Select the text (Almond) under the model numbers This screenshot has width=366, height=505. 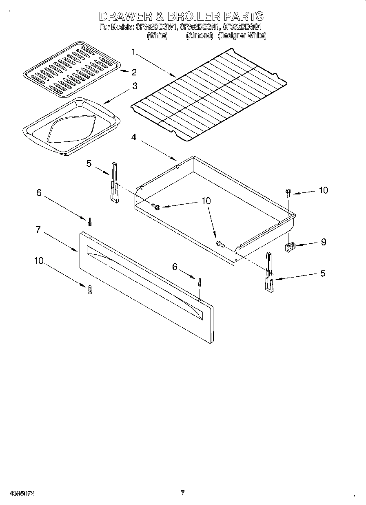tap(200, 36)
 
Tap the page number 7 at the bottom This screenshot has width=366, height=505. tap(183, 492)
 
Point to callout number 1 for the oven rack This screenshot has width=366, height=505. tap(133, 51)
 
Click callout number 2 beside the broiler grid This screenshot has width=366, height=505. tap(134, 72)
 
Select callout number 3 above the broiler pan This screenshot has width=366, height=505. tap(134, 86)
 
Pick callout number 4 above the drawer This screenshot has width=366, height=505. tap(133, 137)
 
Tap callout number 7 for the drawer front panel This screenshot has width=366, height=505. tap(38, 229)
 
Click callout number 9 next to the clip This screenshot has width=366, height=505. tap(323, 242)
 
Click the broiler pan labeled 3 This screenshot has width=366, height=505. tap(72, 127)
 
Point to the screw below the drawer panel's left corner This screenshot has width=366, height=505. tap(90, 289)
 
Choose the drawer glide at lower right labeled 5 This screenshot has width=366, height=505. tap(269, 272)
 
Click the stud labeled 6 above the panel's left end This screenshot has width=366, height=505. tap(89, 222)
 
